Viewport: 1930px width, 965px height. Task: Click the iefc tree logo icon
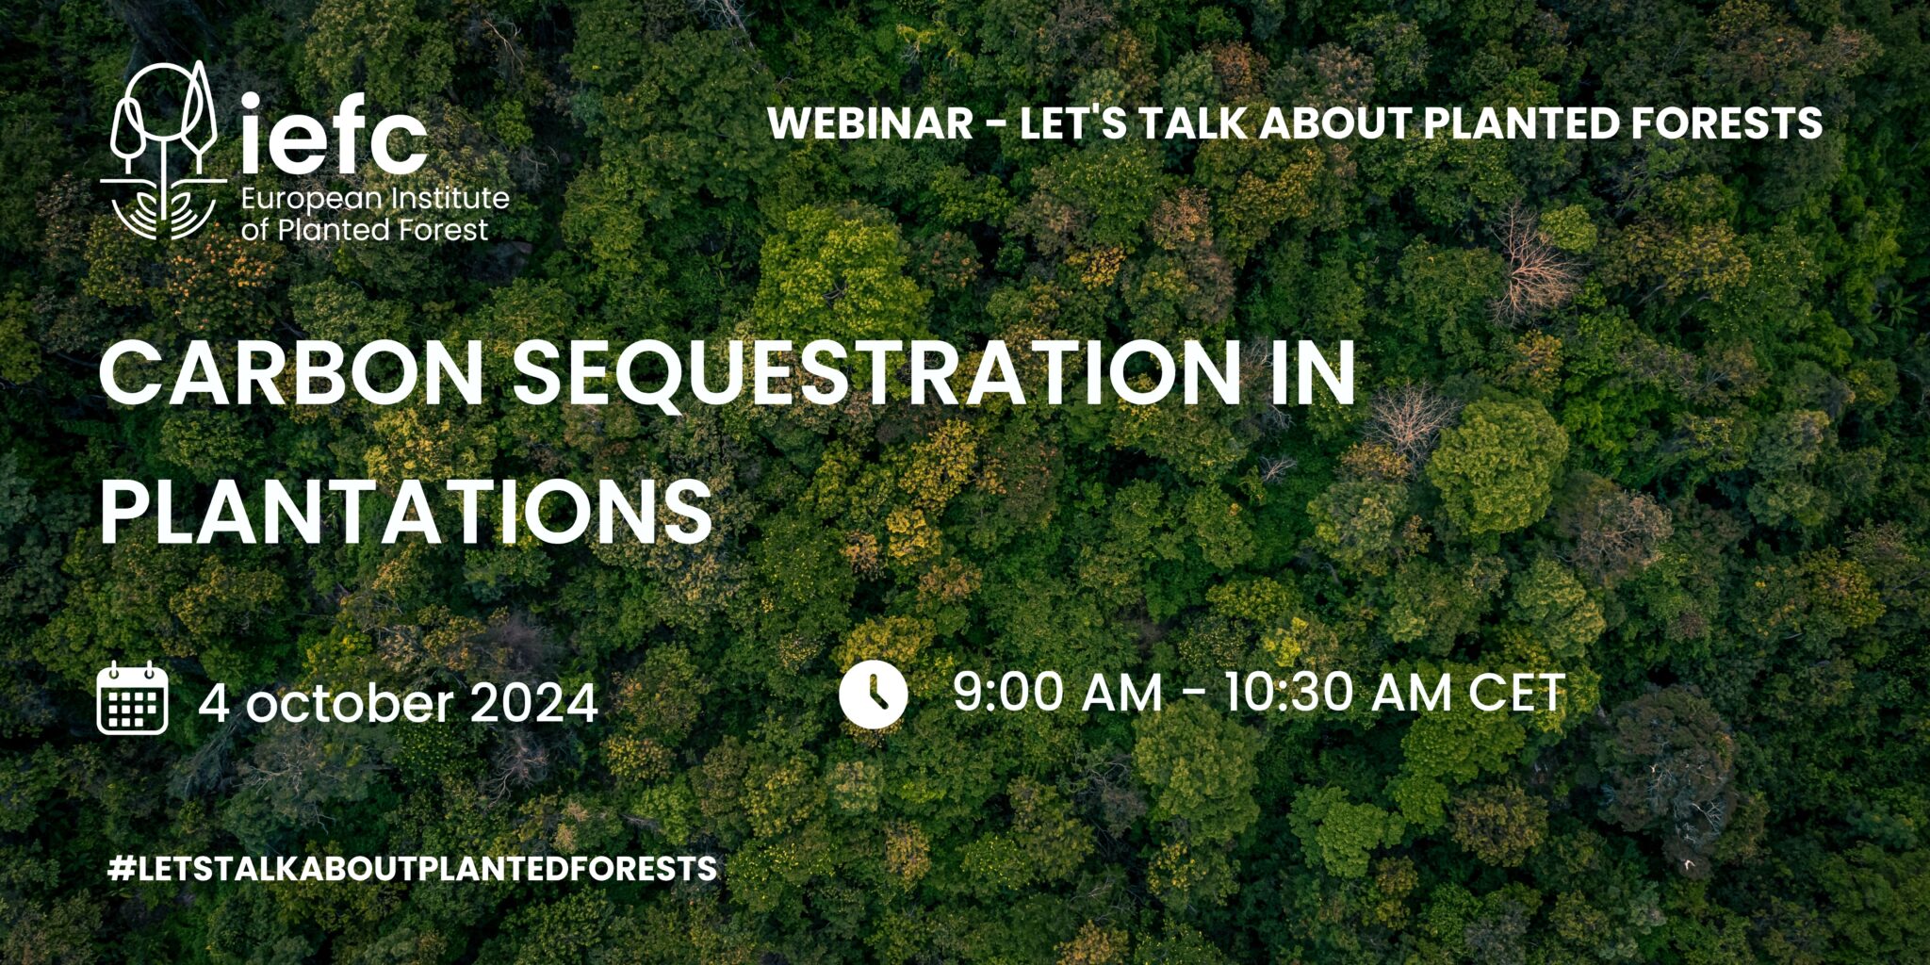163,151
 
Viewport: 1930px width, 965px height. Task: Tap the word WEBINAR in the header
870,123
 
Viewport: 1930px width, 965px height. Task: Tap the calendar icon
133,698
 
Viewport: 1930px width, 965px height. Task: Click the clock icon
873,695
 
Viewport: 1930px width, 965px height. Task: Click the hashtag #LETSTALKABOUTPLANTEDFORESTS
413,868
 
